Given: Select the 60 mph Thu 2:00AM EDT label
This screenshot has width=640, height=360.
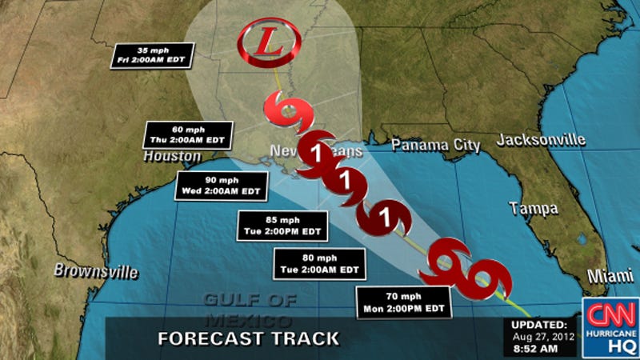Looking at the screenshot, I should coord(189,134).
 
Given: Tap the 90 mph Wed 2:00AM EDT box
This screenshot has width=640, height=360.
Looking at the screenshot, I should coord(222,185).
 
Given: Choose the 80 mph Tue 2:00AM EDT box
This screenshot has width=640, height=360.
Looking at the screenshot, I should coord(320,263).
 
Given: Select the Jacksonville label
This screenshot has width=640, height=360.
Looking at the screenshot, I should coord(541,140).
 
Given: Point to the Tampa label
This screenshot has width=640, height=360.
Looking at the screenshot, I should coord(534,209).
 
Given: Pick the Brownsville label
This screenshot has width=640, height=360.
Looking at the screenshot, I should coord(96,271).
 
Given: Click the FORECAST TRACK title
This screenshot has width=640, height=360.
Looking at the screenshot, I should coord(248,338).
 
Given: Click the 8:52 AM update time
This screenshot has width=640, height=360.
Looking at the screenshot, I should coord(541,350).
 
